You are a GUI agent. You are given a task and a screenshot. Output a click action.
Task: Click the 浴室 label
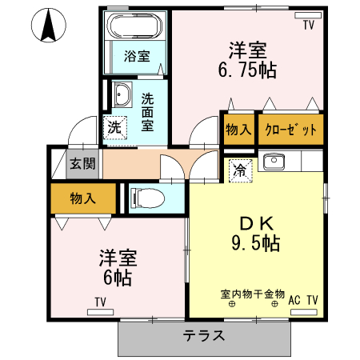(137, 56)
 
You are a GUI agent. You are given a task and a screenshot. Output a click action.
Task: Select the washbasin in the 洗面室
(123, 95)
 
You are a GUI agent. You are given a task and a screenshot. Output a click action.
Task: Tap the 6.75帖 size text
(247, 70)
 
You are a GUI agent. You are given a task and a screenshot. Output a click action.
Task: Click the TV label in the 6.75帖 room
(308, 26)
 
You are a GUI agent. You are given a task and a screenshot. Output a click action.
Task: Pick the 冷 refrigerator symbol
(238, 169)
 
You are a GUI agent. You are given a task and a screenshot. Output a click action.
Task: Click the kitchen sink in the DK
(274, 162)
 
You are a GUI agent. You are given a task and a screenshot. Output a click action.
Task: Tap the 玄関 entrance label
(82, 164)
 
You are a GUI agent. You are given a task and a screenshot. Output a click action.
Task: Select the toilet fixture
(146, 197)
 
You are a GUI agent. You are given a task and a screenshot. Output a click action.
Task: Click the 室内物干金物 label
(253, 293)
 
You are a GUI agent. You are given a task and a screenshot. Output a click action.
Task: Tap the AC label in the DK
(294, 299)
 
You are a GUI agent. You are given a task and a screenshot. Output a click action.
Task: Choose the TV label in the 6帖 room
(100, 301)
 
